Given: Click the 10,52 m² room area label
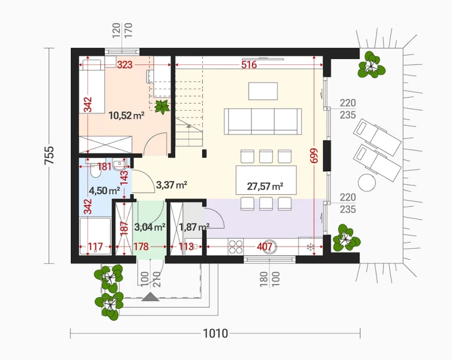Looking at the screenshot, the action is click(126, 116).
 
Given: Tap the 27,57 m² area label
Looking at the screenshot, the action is click(265, 187).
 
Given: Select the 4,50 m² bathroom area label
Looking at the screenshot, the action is click(104, 190).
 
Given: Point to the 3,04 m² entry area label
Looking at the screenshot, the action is click(149, 227).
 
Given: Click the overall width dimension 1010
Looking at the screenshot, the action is click(215, 333).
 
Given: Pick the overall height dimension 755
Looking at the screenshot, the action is click(49, 155).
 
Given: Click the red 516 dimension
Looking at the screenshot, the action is click(249, 64).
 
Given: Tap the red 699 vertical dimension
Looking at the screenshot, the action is click(314, 155).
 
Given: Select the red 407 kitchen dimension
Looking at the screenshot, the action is click(264, 247).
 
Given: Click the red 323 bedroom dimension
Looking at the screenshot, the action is click(124, 64).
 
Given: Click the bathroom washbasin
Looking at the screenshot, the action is click(119, 164).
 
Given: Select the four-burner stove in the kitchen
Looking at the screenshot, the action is click(236, 247).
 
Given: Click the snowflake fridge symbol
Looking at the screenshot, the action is click(310, 247).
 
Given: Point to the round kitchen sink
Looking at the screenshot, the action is click(270, 247).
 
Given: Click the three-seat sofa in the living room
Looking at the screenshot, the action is click(263, 122).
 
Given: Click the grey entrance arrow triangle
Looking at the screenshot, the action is click(150, 297).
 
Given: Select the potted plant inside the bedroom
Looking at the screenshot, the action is click(162, 107).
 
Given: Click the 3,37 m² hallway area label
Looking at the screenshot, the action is click(172, 184).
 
